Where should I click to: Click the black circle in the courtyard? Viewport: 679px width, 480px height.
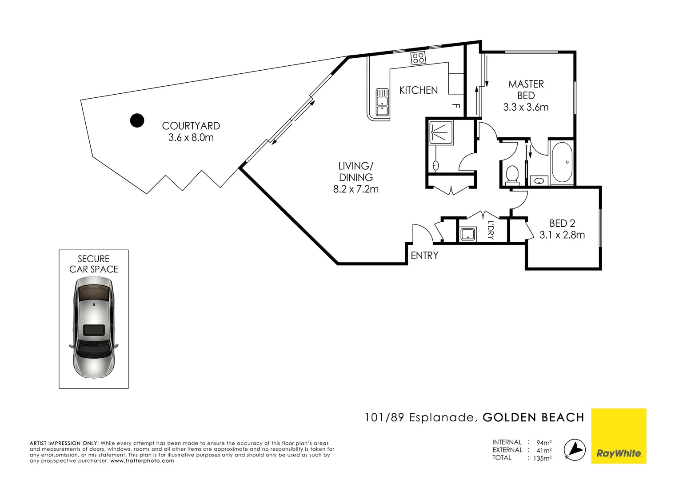point(137,120)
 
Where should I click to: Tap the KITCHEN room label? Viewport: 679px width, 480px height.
point(418,90)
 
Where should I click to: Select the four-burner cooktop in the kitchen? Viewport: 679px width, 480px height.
point(418,58)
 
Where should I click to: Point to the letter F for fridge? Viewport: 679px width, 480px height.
point(456,106)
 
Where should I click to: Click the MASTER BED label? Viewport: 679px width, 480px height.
point(526,90)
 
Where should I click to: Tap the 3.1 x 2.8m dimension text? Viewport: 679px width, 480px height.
point(562,235)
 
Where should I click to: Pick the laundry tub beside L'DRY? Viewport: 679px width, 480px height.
point(467,234)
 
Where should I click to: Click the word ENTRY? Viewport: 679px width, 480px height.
point(424,256)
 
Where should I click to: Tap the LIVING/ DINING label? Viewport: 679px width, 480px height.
point(356,172)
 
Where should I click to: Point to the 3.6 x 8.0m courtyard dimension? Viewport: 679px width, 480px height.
point(191,138)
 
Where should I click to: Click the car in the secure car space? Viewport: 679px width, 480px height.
point(94,327)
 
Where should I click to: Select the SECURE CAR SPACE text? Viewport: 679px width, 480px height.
point(94,264)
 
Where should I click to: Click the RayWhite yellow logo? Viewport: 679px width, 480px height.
point(619,436)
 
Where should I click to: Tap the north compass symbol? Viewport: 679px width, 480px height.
point(574,449)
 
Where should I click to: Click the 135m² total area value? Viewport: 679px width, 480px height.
point(542,458)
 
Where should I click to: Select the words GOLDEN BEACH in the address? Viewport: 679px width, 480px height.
point(533,418)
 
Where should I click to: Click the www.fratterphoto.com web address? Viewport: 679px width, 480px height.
point(142,461)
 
